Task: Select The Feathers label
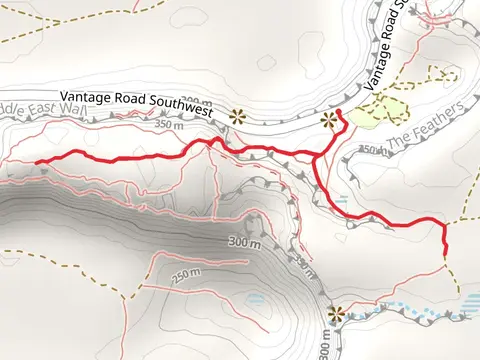pyautogui.click(x=425, y=125)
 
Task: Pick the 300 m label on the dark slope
pyautogui.click(x=244, y=243)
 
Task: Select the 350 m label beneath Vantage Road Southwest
pyautogui.click(x=170, y=126)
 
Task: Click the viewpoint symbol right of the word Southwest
pyautogui.click(x=238, y=114)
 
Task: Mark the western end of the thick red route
pyautogui.click(x=37, y=162)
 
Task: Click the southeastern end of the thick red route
pyautogui.click(x=443, y=253)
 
